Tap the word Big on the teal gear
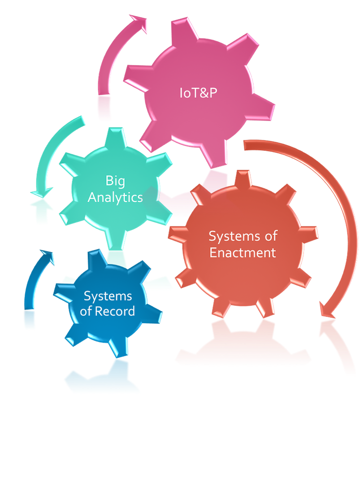click(115, 181)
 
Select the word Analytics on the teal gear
click(115, 197)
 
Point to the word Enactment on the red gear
click(243, 252)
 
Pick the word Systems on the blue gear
click(108, 296)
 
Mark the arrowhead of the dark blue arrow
click(48, 257)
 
